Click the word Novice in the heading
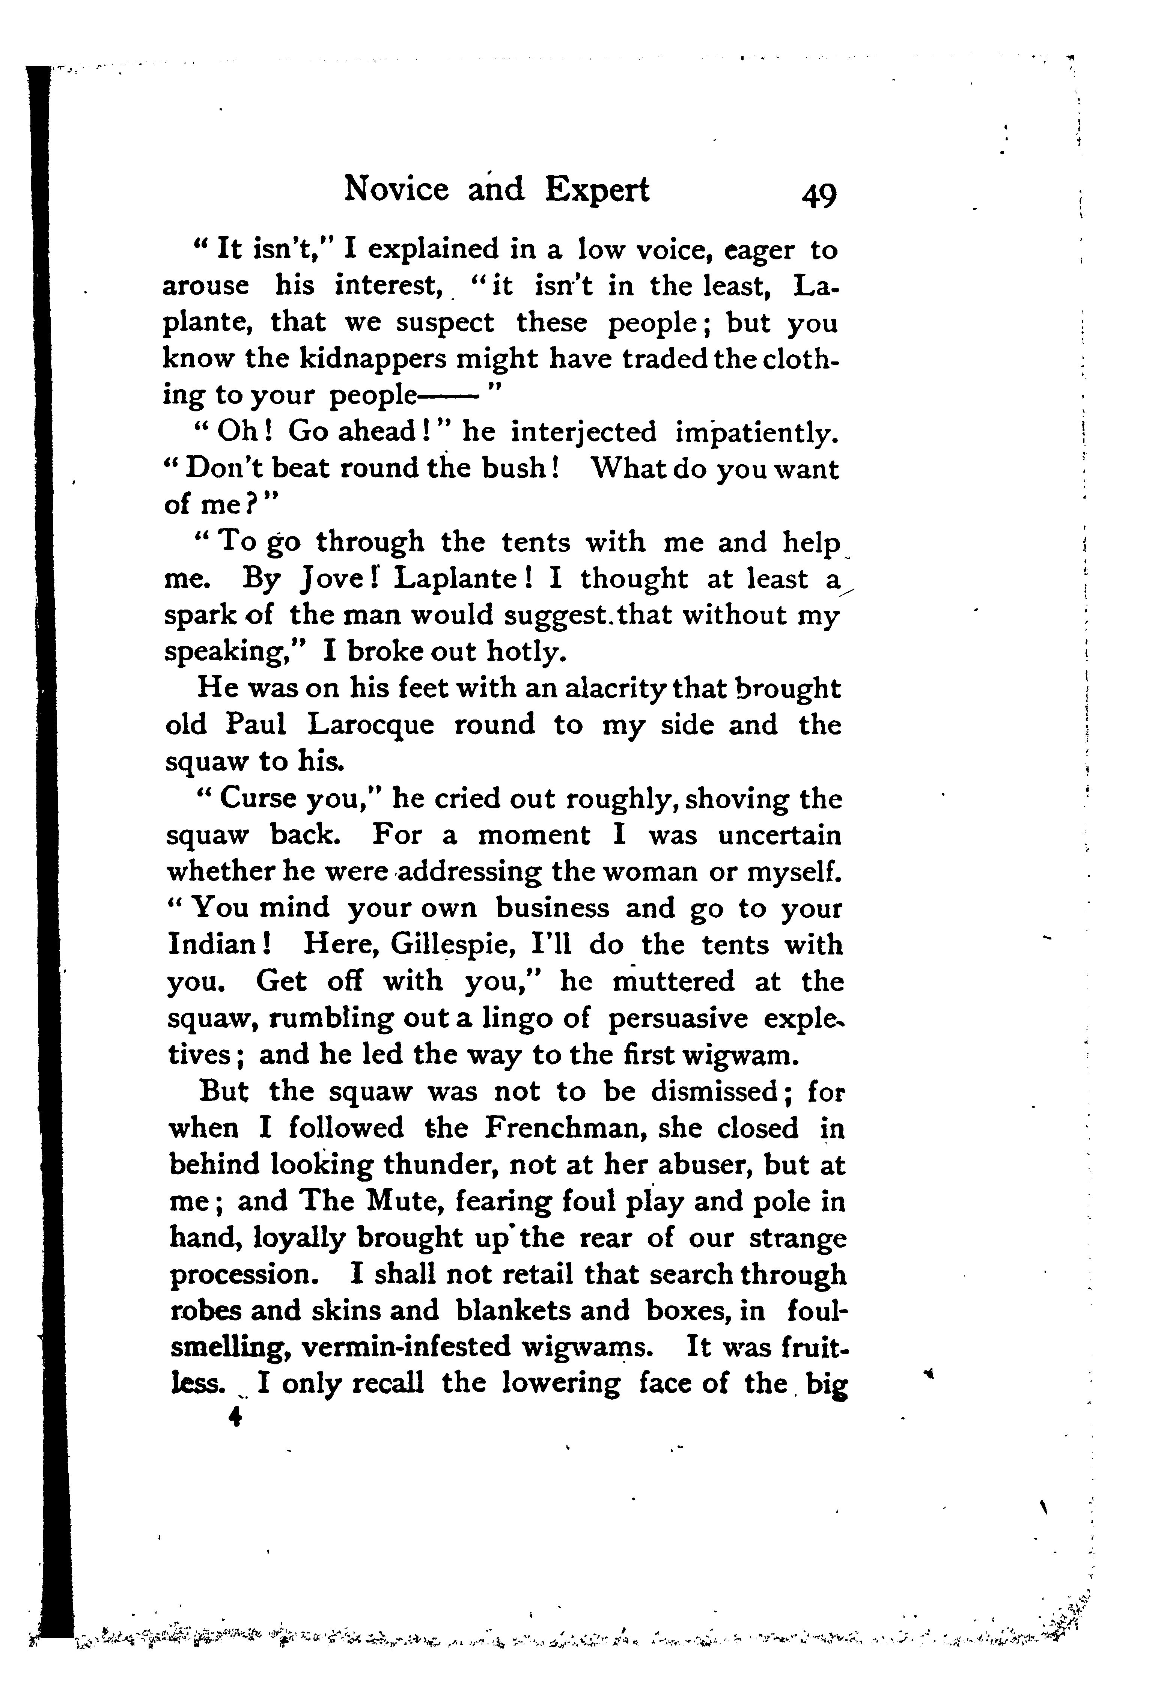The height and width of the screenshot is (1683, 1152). pos(396,190)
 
